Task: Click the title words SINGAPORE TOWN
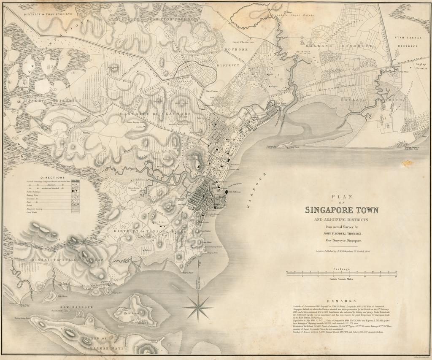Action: click(x=342, y=210)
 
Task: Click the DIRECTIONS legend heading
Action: click(x=53, y=178)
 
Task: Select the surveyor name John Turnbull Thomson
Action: click(x=342, y=233)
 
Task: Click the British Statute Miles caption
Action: click(x=342, y=279)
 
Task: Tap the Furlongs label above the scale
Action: click(x=342, y=268)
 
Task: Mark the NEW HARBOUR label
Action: click(x=76, y=307)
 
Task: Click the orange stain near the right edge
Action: click(x=408, y=162)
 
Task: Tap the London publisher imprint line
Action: click(x=342, y=250)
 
